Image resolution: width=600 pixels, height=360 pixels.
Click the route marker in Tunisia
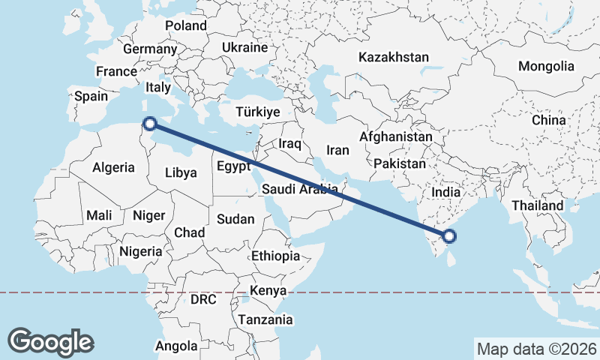(x=149, y=124)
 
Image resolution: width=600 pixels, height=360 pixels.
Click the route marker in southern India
(x=449, y=237)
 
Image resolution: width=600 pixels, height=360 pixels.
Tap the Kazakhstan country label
(x=394, y=57)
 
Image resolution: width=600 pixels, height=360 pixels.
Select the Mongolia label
(x=546, y=66)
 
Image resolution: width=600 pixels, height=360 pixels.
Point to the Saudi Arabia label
(x=300, y=190)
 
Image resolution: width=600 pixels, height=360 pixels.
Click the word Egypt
(x=232, y=166)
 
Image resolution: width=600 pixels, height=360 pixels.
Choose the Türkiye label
(x=257, y=112)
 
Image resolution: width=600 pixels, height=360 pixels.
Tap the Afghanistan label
(x=396, y=137)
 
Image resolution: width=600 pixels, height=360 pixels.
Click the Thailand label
(x=537, y=205)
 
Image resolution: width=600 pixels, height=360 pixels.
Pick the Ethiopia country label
(x=275, y=256)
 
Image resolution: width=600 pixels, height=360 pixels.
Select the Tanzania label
(x=265, y=319)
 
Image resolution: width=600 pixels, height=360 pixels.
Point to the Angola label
(x=176, y=346)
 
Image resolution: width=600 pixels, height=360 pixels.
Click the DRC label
(x=203, y=299)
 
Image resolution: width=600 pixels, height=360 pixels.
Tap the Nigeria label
(x=140, y=251)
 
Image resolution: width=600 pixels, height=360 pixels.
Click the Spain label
(x=91, y=96)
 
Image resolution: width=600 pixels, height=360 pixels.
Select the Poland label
(x=186, y=25)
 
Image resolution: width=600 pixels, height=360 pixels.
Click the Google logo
(x=51, y=341)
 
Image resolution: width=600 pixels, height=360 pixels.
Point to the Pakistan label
(x=399, y=163)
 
